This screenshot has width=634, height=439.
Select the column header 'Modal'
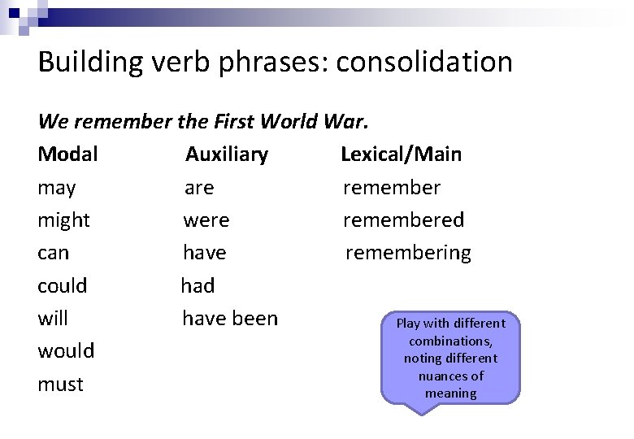[x=68, y=154]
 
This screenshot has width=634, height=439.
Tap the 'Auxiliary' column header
[x=227, y=154]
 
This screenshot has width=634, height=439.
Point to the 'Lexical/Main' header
[x=401, y=154]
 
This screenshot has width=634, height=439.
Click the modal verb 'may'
[x=57, y=189]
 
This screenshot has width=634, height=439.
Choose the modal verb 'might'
[x=64, y=220]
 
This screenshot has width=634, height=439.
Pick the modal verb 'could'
[x=63, y=286]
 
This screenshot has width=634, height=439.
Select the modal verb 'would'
[x=66, y=351]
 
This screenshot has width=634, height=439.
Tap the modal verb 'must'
[x=60, y=384]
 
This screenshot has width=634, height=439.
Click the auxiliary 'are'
[x=199, y=189]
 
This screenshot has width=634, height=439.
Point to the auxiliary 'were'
[x=206, y=220]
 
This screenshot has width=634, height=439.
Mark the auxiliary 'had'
[x=198, y=286]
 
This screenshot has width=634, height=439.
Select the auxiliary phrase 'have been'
[x=230, y=319]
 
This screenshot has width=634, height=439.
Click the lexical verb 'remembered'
[x=403, y=220]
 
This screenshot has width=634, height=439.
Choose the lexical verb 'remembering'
[x=408, y=253]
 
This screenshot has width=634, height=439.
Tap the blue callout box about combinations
[x=450, y=358]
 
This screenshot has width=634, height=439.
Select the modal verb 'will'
[x=53, y=319]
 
